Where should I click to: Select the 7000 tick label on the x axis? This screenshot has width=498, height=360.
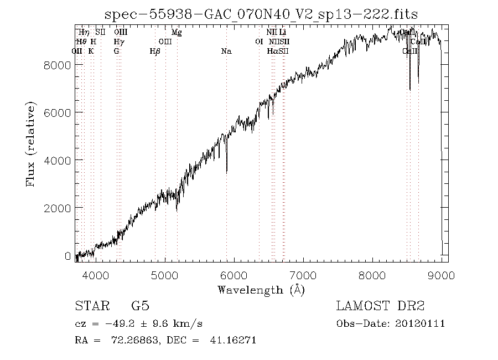[303, 275]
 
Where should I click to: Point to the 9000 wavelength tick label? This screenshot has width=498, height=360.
[442, 275]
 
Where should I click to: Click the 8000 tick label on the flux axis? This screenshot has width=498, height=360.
[58, 65]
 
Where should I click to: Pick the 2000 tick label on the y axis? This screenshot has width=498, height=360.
[58, 208]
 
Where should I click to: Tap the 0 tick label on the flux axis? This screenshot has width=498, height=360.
[68, 256]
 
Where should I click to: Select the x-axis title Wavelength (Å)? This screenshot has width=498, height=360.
[261, 290]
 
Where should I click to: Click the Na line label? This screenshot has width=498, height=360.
[226, 52]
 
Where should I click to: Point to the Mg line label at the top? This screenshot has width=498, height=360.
[177, 33]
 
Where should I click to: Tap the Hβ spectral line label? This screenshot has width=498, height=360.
[155, 52]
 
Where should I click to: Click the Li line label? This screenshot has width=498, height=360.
[282, 33]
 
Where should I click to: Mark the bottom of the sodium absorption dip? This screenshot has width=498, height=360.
[227, 173]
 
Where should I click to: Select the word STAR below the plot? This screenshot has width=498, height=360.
[90, 306]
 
